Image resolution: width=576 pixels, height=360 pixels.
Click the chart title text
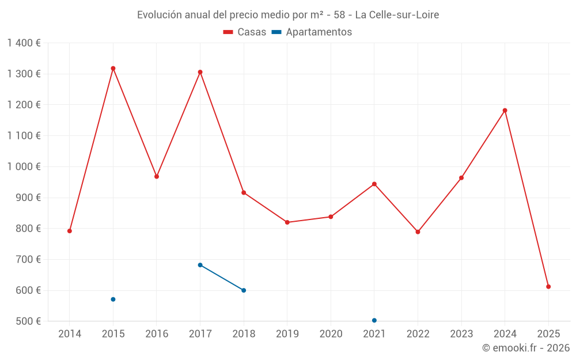(288, 15)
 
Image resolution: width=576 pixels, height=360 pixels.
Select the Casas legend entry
(245, 32)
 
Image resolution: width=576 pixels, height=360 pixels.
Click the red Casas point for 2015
(113, 69)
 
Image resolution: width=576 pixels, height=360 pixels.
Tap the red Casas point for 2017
(200, 72)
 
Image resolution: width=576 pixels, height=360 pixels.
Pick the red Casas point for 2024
(505, 110)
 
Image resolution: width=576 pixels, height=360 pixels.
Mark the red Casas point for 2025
(548, 286)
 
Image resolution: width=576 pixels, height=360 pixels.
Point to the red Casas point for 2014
(70, 231)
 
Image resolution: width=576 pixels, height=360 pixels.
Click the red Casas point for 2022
(418, 232)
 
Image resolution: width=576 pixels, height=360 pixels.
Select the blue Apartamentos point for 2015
(113, 300)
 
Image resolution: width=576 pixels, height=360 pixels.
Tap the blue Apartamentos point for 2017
(200, 265)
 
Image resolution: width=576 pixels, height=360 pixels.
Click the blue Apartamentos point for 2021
(374, 320)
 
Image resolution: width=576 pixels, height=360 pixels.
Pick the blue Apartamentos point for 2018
(244, 290)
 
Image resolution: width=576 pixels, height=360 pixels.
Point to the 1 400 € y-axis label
(24, 43)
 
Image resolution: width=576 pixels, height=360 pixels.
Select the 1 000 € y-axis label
(24, 166)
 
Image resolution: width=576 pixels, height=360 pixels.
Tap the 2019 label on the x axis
(287, 334)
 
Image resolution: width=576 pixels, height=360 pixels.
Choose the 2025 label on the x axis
(548, 334)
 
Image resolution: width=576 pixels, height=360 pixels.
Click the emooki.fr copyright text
(525, 348)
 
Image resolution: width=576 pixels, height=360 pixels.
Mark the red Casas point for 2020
(331, 217)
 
